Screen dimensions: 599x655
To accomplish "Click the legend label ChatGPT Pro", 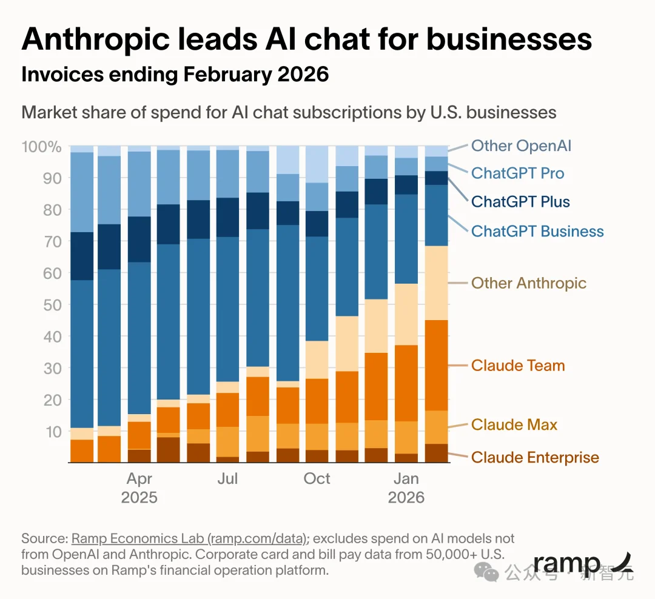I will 517,173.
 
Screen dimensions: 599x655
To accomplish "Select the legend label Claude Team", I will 517,366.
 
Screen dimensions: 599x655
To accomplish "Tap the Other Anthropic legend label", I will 528,283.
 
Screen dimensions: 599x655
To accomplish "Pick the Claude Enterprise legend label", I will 535,457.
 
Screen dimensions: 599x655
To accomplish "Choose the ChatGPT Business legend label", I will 537,231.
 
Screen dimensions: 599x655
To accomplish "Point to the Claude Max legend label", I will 514,424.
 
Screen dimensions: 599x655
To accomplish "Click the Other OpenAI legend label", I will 521,146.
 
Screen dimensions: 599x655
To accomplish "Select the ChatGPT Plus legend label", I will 520,201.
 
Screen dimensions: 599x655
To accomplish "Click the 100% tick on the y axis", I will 41,147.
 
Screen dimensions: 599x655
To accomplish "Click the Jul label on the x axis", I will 228,478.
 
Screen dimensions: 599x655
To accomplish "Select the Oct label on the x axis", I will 317,478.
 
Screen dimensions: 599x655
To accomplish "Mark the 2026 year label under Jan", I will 406,498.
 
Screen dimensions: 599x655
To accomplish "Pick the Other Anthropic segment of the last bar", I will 437,283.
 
